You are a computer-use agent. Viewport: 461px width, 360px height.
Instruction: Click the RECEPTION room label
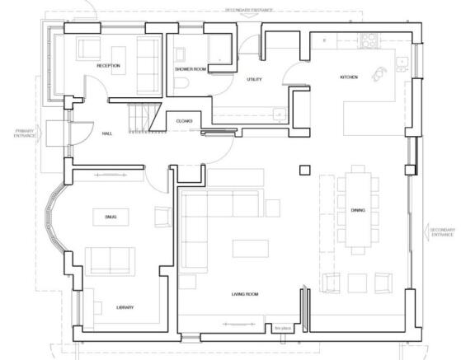pyautogui.click(x=108, y=65)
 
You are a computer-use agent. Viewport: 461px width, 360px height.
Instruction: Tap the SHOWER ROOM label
pyautogui.click(x=190, y=69)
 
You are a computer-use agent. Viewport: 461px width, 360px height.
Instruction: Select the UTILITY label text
pyautogui.click(x=254, y=79)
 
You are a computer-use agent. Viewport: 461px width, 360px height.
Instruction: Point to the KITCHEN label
pyautogui.click(x=349, y=77)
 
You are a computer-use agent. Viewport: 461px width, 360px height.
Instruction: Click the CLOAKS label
pyautogui.click(x=184, y=121)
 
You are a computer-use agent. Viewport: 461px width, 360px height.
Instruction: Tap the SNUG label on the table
pyautogui.click(x=111, y=217)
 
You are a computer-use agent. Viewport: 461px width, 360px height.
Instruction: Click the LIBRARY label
pyautogui.click(x=125, y=307)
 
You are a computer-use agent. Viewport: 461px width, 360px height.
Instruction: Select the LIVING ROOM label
pyautogui.click(x=245, y=294)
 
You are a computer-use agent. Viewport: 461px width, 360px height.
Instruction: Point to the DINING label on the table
pyautogui.click(x=358, y=210)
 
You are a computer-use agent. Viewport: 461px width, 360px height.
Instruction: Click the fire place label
pyautogui.click(x=281, y=328)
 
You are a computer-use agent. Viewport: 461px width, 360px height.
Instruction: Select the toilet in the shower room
pyautogui.click(x=182, y=85)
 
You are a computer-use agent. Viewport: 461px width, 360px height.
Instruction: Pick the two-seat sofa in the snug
pyautogui.click(x=111, y=259)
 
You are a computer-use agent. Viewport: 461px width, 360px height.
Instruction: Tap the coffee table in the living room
pyautogui.click(x=250, y=248)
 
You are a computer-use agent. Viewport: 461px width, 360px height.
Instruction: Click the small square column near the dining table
pyautogui.click(x=304, y=170)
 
